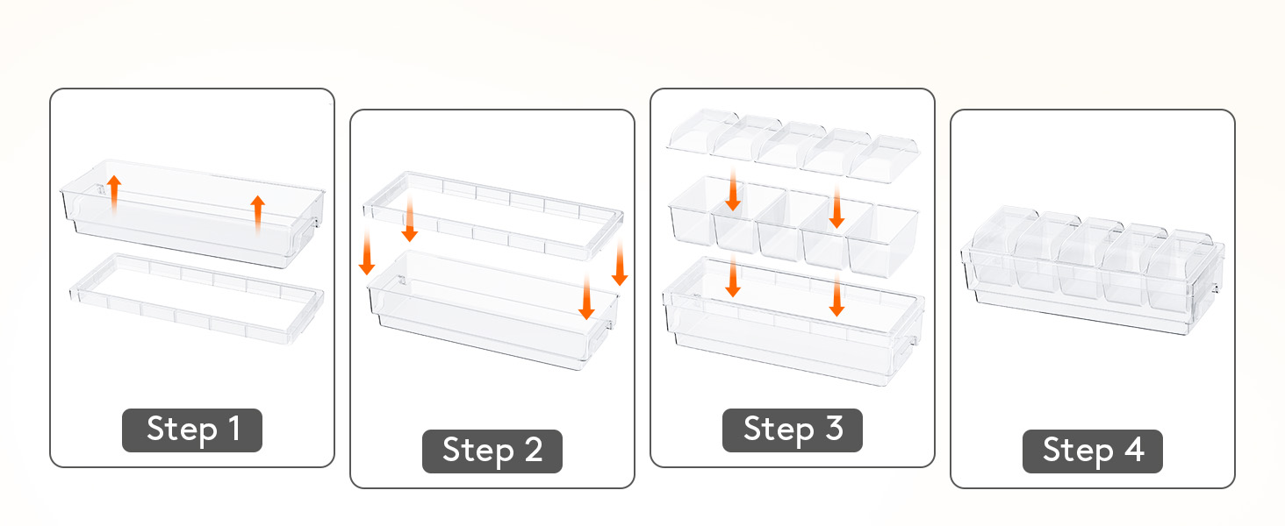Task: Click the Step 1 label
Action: point(192,430)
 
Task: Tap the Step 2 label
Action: point(492,451)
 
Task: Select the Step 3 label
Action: point(793,430)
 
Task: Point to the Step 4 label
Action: point(1092,451)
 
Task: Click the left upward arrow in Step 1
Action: point(114,195)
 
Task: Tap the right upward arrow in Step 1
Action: point(257,215)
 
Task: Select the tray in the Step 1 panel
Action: point(193,214)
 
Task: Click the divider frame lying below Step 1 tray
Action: point(197,298)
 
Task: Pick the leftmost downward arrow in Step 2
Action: point(367,252)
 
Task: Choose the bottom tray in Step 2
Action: point(493,310)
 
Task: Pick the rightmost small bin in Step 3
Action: point(882,241)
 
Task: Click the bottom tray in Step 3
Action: point(793,321)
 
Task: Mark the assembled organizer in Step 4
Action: point(1093,270)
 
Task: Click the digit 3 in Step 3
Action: point(835,428)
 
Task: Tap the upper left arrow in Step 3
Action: point(733,189)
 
